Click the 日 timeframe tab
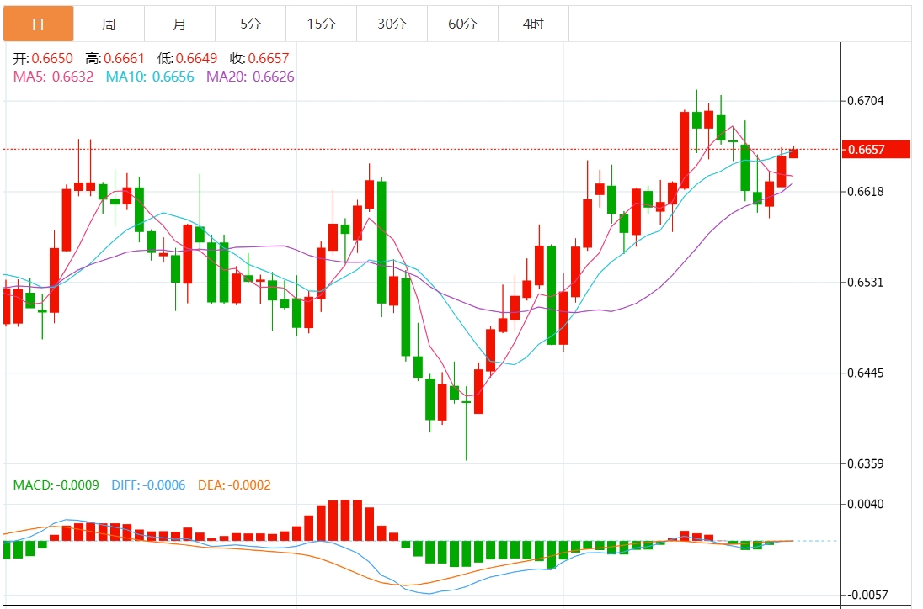pos(38,24)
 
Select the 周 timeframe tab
pos(109,24)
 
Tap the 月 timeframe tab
pos(179,24)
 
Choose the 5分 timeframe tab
pos(250,24)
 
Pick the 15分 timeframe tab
pos(321,24)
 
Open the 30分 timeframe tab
pos(392,24)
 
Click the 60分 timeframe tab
pos(462,24)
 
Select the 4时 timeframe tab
pos(533,24)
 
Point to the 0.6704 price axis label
pos(866,101)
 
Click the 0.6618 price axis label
pos(866,192)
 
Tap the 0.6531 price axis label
pos(866,282)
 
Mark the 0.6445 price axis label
pos(866,373)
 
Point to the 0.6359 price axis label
pos(866,463)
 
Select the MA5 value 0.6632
pos(72,77)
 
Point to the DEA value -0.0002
pos(251,485)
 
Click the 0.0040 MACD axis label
pos(866,505)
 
